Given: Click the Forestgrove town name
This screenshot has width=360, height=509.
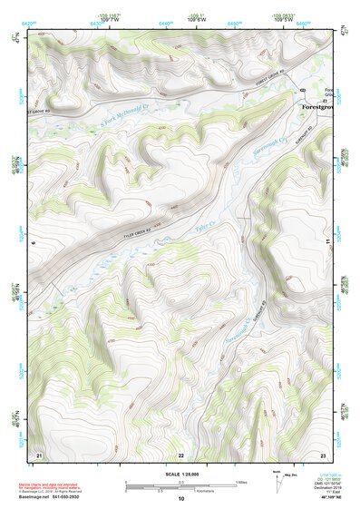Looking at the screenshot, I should tap(319, 105).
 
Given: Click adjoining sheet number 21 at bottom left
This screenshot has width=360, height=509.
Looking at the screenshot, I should tap(38, 453).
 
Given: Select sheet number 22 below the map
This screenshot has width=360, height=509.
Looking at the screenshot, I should tap(180, 454).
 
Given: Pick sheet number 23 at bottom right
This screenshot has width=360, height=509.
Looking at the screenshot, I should tap(322, 453).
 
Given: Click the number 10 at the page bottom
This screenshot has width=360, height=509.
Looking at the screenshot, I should tap(180, 498).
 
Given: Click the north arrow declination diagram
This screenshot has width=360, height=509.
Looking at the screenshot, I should tap(277, 478).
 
